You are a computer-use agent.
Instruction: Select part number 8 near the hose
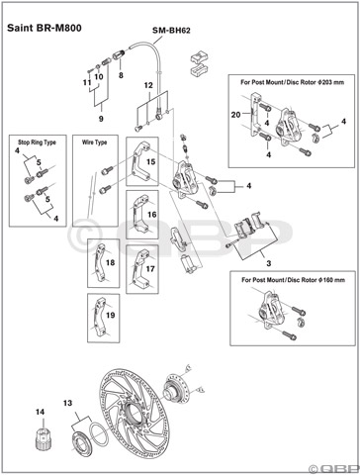(120, 74)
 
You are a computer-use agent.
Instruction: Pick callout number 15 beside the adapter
(150, 160)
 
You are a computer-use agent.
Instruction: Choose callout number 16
(150, 214)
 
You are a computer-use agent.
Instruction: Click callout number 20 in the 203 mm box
(234, 116)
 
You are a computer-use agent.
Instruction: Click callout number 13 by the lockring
(67, 404)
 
